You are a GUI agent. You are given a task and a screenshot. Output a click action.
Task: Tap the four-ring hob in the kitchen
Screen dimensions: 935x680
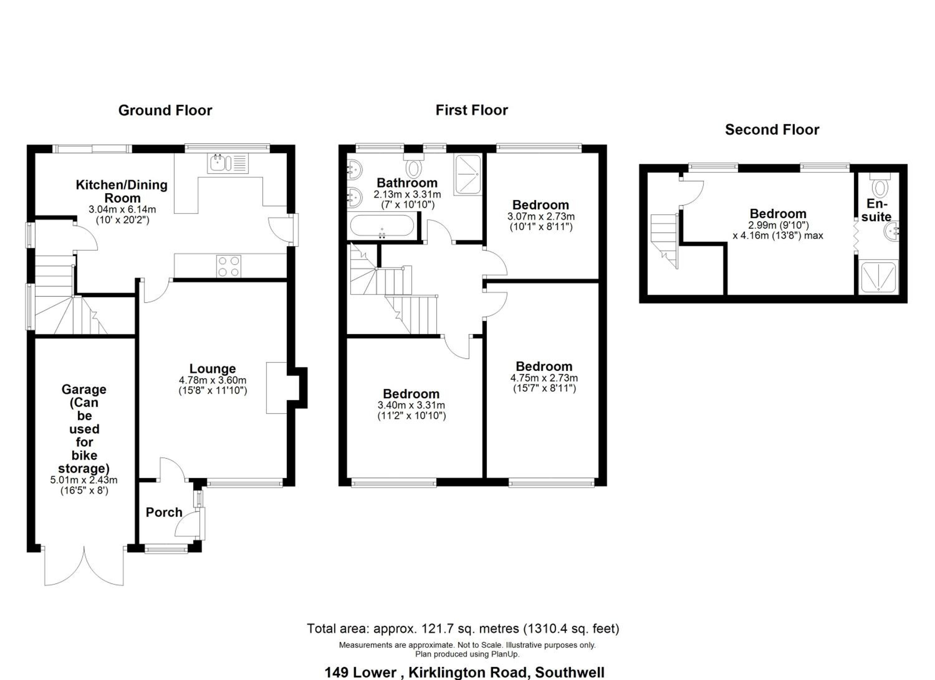pos(229,266)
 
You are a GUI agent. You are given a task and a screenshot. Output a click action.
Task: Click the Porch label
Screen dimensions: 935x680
pos(164,512)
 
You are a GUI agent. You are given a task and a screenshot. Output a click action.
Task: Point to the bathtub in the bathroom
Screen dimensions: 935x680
pos(382,225)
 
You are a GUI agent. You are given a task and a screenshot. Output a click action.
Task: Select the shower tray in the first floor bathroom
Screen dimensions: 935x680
pos(467,175)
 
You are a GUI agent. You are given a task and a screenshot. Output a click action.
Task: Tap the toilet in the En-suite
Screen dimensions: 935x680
pos(880,184)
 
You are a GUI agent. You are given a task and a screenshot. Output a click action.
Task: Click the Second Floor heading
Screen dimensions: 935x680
pos(772,130)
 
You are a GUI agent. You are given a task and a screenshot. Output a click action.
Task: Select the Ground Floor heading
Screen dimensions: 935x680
pos(165,110)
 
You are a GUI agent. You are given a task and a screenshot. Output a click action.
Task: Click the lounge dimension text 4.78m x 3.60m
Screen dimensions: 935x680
pos(213,380)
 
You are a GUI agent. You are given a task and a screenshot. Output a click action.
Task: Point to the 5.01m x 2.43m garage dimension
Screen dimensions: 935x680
pos(84,480)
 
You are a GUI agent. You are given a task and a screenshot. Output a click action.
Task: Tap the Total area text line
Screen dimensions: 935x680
pos(463,629)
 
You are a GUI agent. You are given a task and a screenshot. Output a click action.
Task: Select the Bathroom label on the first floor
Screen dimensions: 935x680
pos(407,183)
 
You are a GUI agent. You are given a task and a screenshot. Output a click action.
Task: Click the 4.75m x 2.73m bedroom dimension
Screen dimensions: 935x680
pos(544,377)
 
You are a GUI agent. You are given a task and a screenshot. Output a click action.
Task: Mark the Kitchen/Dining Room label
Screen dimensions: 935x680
pos(122,191)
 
